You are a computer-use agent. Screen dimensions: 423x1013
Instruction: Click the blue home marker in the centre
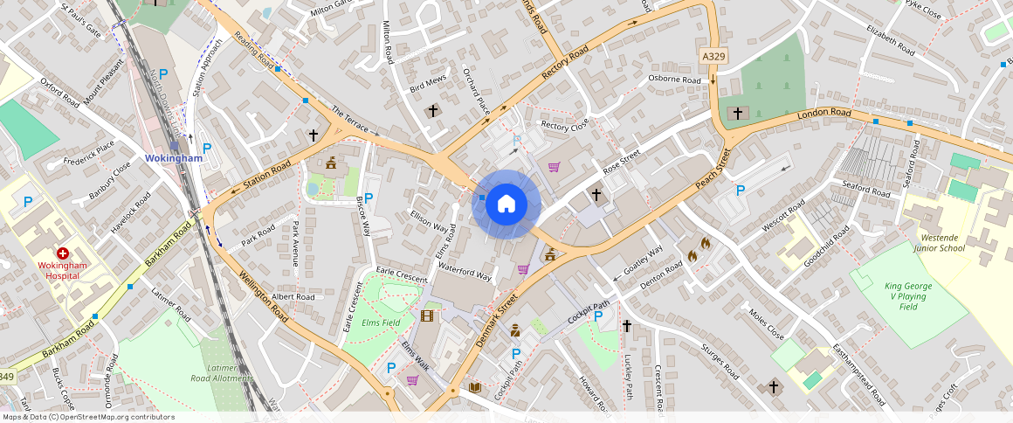[x=507, y=204]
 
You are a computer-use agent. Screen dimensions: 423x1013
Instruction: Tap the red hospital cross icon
[x=63, y=253]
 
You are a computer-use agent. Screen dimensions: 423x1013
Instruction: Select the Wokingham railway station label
[x=174, y=158]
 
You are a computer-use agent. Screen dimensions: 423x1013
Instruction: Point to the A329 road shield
[x=713, y=56]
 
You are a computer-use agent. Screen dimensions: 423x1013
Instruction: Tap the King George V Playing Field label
[x=908, y=296]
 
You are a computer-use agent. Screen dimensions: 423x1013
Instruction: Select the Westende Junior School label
[x=940, y=242]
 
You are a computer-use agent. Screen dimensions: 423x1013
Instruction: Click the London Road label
[x=823, y=114]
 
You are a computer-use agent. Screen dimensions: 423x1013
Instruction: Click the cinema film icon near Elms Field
[x=427, y=316]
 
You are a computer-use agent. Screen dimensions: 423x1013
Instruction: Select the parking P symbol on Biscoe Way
[x=368, y=198]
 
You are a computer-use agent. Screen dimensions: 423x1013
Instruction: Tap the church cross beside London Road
[x=738, y=114]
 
